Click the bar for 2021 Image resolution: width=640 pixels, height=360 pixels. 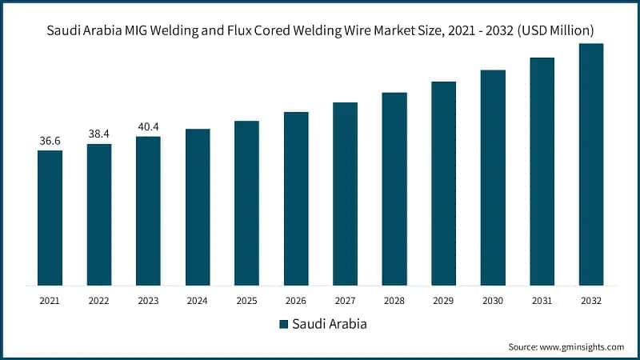tap(50, 218)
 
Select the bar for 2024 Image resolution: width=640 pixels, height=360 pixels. tap(198, 206)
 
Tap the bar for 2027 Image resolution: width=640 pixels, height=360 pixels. tap(345, 194)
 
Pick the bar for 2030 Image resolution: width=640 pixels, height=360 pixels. tap(493, 178)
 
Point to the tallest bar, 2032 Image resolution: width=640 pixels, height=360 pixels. tap(591, 164)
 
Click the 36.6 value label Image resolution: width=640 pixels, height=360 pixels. tap(50, 141)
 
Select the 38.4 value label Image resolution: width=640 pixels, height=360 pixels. tap(99, 134)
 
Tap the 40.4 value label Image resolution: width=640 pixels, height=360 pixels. tap(148, 126)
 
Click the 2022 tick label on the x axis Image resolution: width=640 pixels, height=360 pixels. tap(99, 300)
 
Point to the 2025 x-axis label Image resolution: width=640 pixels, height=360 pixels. tap(246, 300)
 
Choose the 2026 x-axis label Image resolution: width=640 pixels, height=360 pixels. tap(296, 300)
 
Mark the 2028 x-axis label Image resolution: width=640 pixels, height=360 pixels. tap(394, 300)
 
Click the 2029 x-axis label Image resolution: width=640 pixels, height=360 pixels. tap(443, 300)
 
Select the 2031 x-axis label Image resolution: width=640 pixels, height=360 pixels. tap(542, 300)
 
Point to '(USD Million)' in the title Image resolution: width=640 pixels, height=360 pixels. tap(552, 30)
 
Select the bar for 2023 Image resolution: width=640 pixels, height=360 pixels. tap(148, 210)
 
